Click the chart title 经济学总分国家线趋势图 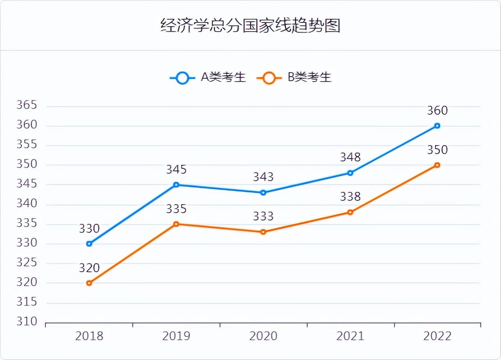click(x=250, y=25)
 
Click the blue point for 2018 click(x=89, y=244)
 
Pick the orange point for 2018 click(x=89, y=283)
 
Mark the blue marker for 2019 click(x=176, y=185)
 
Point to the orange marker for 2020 click(x=263, y=232)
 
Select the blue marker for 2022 click(x=437, y=126)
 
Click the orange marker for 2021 click(x=350, y=212)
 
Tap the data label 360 click(x=437, y=111)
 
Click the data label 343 click(x=263, y=177)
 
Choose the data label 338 click(x=350, y=197)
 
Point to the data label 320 click(x=89, y=268)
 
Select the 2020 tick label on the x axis click(x=263, y=336)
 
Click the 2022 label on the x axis click(x=437, y=336)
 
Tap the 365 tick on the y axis click(x=27, y=105)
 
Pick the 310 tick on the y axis click(x=27, y=322)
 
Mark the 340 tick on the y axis click(x=27, y=204)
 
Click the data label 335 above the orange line click(x=176, y=209)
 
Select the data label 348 click(x=350, y=157)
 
